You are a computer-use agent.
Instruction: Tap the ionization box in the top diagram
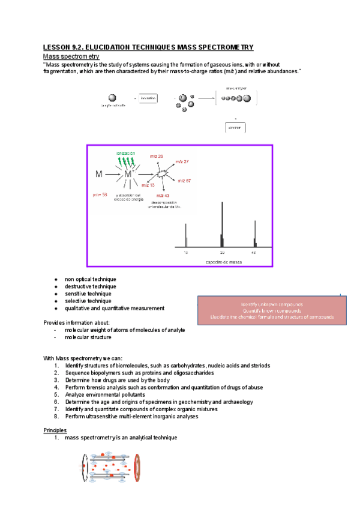tap(148, 97)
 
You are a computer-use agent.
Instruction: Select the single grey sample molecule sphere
tap(112, 97)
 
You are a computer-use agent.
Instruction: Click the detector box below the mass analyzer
tap(235, 128)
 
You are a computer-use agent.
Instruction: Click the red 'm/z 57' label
tap(184, 180)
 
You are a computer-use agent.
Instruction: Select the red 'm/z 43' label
tap(163, 195)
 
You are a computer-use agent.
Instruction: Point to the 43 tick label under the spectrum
tap(254, 253)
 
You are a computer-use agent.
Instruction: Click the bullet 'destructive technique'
tap(91, 287)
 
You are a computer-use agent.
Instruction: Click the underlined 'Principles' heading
tap(55, 430)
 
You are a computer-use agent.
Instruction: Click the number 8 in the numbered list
tap(56, 417)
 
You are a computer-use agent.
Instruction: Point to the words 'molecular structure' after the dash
tap(90, 337)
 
